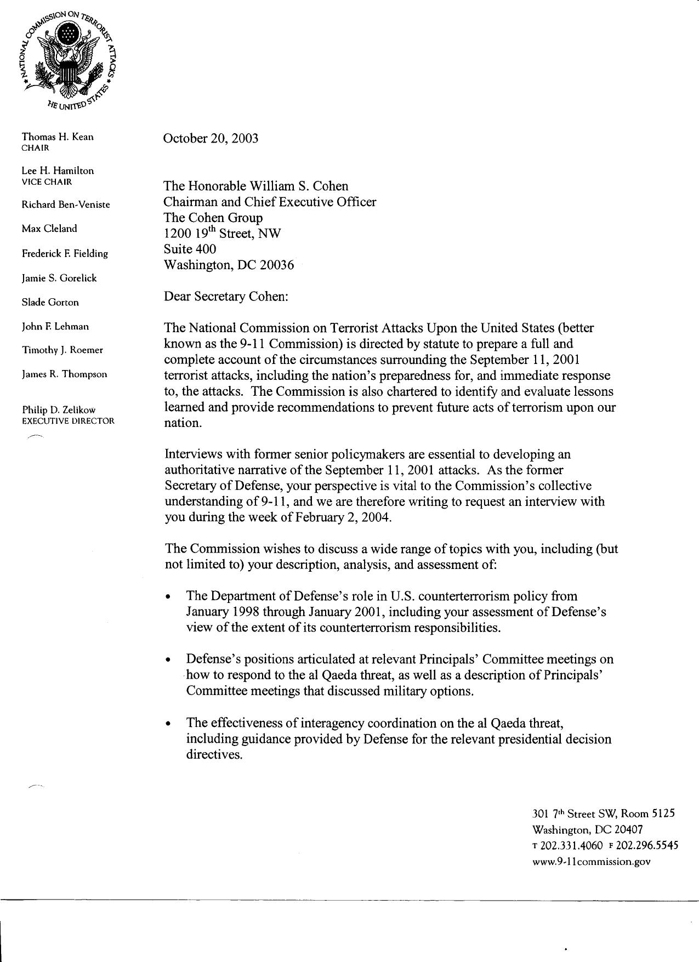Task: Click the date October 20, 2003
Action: pos(211,138)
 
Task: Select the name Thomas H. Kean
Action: pos(58,137)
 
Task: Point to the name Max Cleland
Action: pos(49,229)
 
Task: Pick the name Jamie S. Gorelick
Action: pos(59,278)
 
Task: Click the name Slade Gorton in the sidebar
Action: pos(50,302)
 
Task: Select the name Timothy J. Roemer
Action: pos(62,350)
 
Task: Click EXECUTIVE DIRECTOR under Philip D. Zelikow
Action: pos(68,421)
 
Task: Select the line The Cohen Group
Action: pos(213,218)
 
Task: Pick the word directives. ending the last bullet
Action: pos(214,754)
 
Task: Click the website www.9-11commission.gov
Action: pos(592,861)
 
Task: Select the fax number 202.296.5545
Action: pos(647,845)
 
